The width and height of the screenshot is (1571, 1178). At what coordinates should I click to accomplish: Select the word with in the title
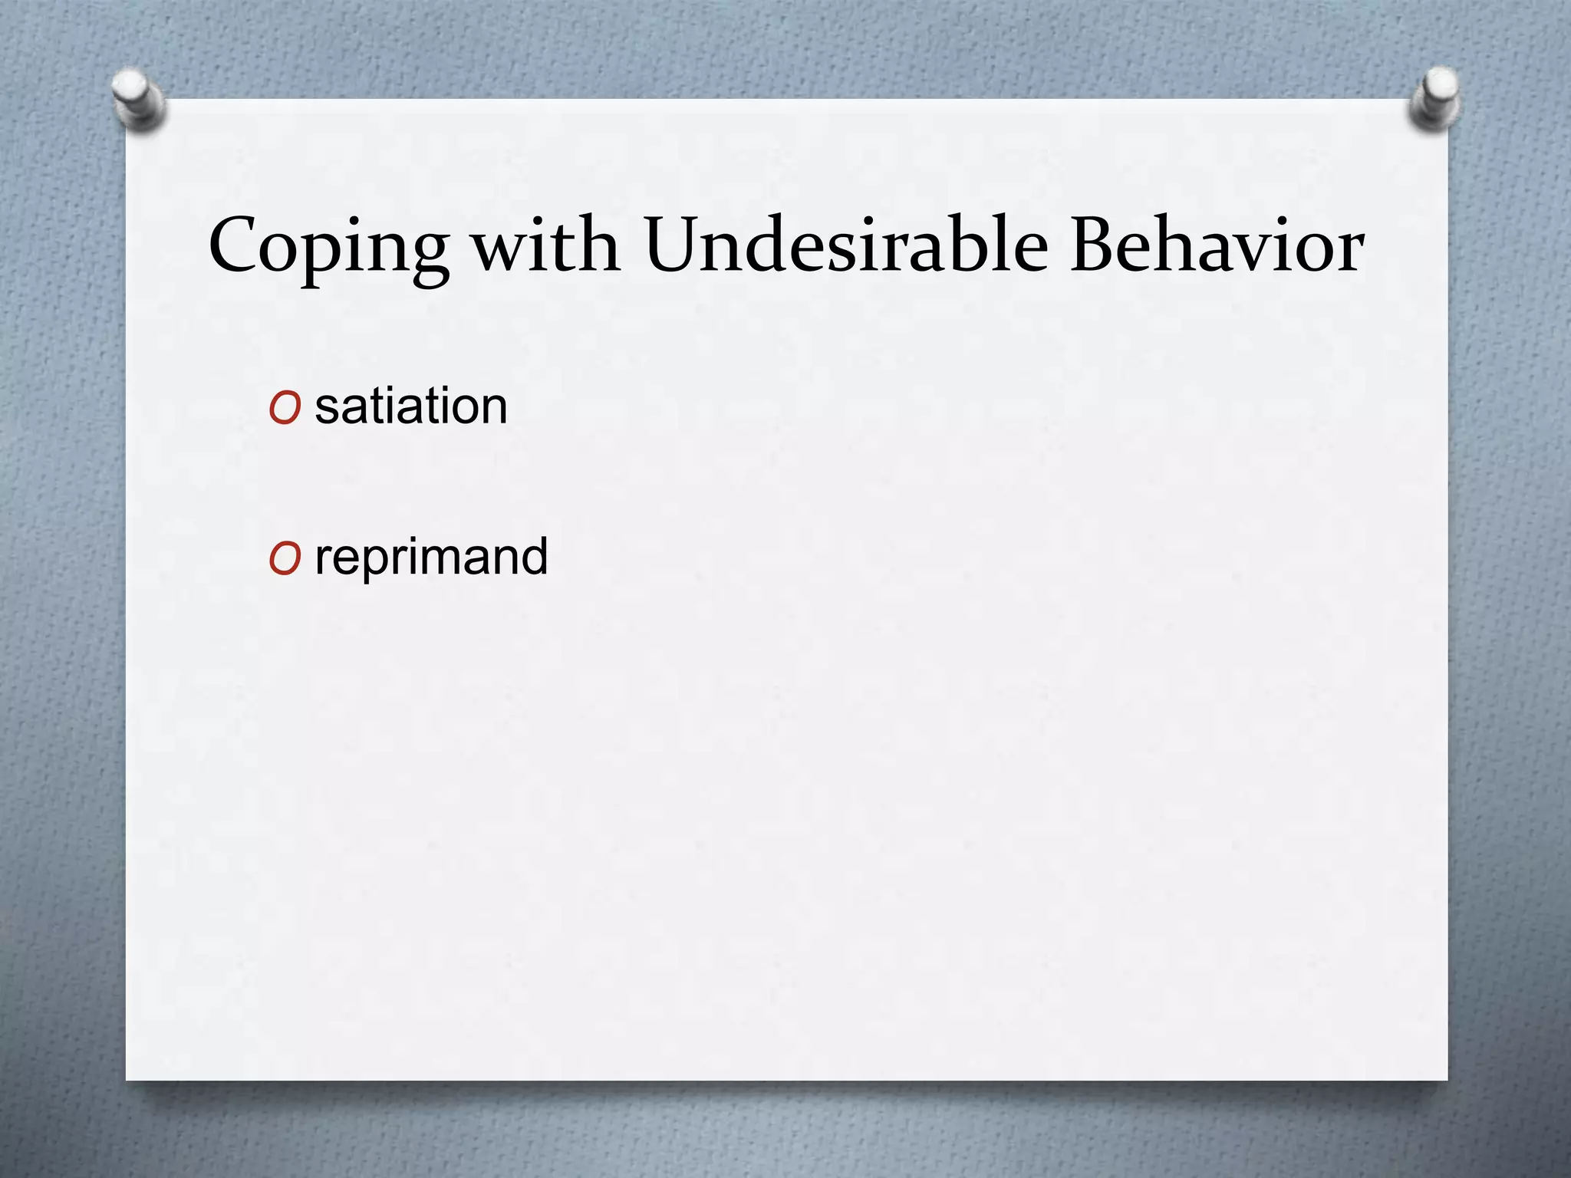click(x=545, y=245)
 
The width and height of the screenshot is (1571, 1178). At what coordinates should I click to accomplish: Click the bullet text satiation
click(x=411, y=406)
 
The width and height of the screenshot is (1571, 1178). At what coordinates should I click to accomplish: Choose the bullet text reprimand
click(x=431, y=558)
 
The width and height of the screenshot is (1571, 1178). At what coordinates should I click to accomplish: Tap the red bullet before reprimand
click(x=284, y=561)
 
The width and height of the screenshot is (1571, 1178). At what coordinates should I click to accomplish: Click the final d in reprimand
click(x=534, y=556)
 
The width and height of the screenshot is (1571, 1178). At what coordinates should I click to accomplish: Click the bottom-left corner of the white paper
click(x=127, y=1080)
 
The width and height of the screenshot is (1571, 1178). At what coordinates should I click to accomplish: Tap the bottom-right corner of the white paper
click(x=1447, y=1080)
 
